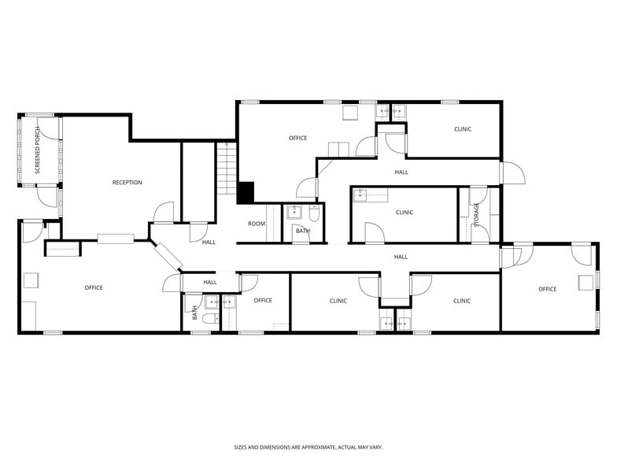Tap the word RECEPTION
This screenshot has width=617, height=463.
(127, 183)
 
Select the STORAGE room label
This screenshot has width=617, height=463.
(476, 214)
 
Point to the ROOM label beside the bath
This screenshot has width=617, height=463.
(257, 224)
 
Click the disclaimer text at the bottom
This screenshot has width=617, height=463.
(308, 446)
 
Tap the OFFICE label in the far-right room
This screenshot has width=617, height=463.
(547, 289)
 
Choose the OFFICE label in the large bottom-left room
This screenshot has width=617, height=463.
(94, 287)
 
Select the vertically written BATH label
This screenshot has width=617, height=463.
(194, 313)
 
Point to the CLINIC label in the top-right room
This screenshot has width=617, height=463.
(463, 129)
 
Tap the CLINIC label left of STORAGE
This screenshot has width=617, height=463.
(404, 213)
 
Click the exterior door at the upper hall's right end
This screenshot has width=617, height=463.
(512, 173)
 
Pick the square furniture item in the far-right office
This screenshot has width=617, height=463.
(586, 283)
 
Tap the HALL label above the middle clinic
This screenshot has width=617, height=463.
(401, 172)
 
